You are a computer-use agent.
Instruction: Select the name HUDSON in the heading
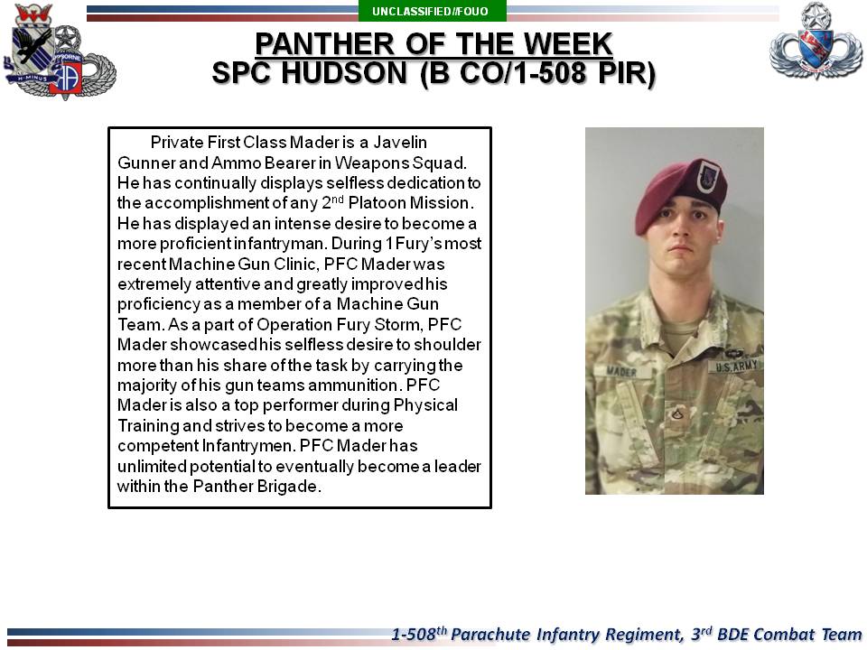coord(344,73)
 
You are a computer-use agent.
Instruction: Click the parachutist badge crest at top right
coord(816,41)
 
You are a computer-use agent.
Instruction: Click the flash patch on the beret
coord(707,177)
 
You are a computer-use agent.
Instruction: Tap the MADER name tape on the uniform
coord(622,371)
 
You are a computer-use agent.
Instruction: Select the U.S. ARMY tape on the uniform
coord(735,366)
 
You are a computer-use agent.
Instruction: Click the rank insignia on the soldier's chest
coord(677,413)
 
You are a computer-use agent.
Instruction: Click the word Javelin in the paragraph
coord(400,143)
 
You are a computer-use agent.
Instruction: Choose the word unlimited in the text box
coord(152,466)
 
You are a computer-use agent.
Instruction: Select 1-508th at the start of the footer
coord(419,634)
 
